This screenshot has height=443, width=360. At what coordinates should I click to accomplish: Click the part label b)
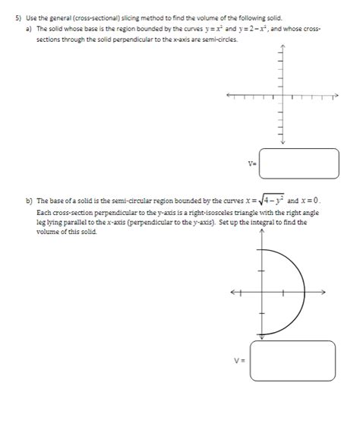[x=29, y=202]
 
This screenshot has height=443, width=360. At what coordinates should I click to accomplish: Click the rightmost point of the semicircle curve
[x=305, y=291]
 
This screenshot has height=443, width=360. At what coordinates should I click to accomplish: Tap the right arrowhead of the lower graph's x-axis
[x=324, y=291]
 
